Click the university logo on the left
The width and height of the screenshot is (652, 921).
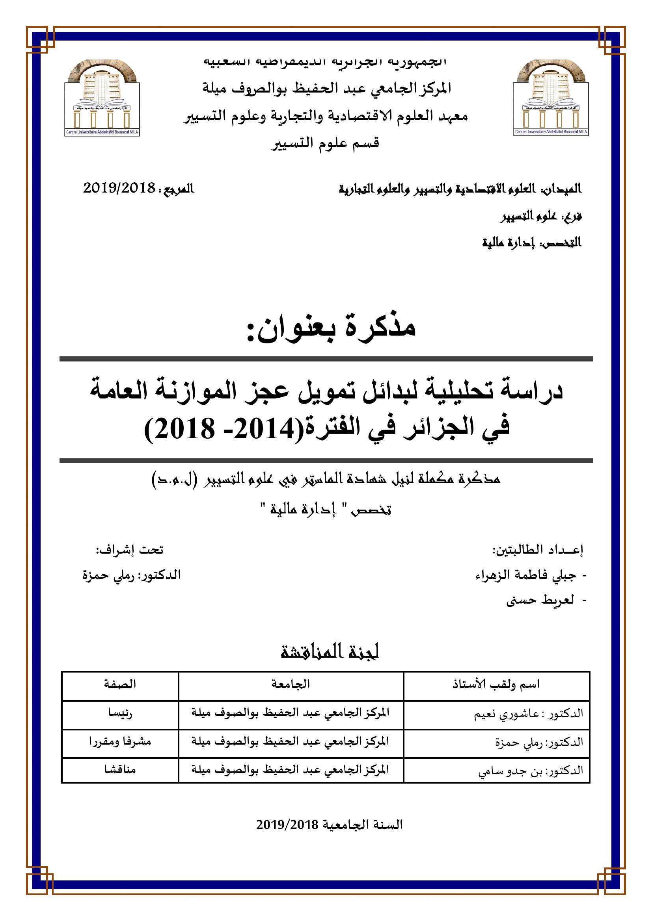(x=102, y=98)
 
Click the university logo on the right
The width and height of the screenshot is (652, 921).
(x=551, y=98)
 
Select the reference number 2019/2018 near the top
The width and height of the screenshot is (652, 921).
(x=119, y=188)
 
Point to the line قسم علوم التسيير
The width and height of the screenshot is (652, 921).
(x=326, y=143)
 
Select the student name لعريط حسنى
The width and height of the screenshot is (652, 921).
(x=540, y=600)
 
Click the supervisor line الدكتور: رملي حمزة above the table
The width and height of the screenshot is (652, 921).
(x=132, y=575)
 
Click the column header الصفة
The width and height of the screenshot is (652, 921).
(x=120, y=684)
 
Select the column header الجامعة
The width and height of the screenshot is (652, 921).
(x=291, y=684)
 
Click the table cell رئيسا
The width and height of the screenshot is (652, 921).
(x=120, y=713)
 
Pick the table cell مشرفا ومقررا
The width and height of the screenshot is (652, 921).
(x=120, y=741)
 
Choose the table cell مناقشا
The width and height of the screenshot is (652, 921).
(x=120, y=769)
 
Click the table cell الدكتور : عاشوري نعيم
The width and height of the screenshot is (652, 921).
(x=528, y=713)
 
